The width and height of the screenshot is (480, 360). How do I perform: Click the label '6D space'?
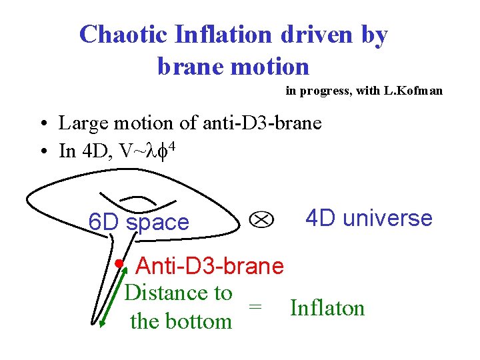pyautogui.click(x=139, y=222)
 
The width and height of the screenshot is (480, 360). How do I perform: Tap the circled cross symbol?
pyautogui.click(x=261, y=219)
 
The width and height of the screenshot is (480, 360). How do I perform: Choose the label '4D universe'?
pyautogui.click(x=369, y=218)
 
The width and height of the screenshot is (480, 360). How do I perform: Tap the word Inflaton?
pyautogui.click(x=327, y=308)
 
